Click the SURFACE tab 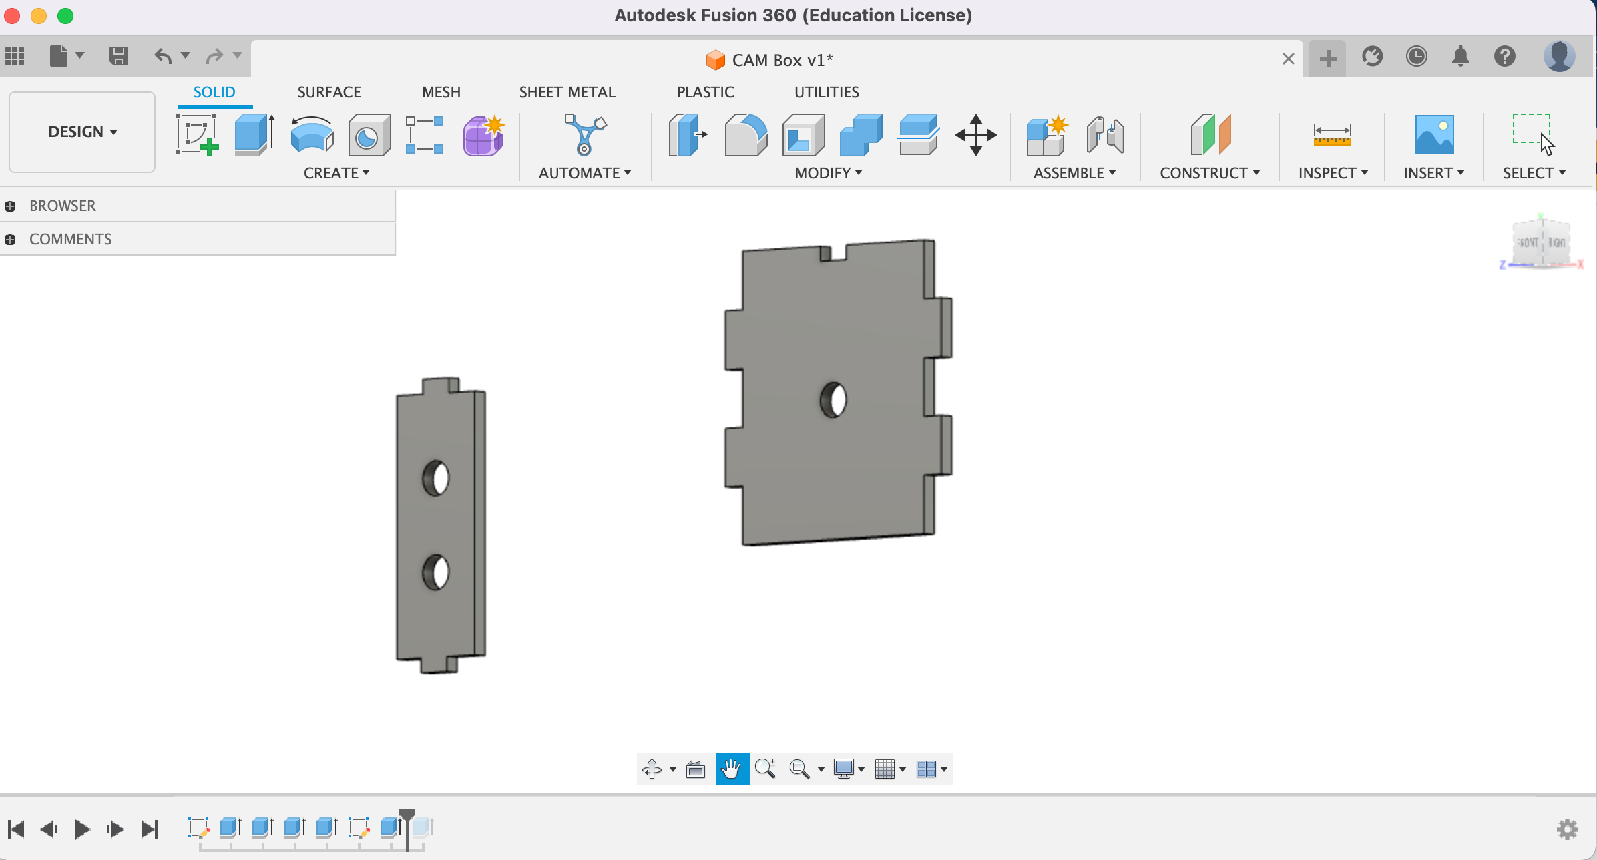coord(328,92)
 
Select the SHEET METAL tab coord(567,92)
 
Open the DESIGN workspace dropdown coord(82,132)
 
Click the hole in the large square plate coord(833,399)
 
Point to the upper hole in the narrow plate coord(436,478)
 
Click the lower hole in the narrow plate coord(436,572)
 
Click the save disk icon coord(118,56)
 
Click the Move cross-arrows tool coord(975,135)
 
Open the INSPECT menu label coord(1333,173)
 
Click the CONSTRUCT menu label coord(1209,173)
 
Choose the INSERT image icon coord(1433,135)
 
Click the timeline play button coord(82,829)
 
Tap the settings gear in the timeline coord(1567,829)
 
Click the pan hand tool coord(732,769)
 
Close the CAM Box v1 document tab coord(1288,59)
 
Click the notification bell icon coord(1460,57)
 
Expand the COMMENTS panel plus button coord(10,239)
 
